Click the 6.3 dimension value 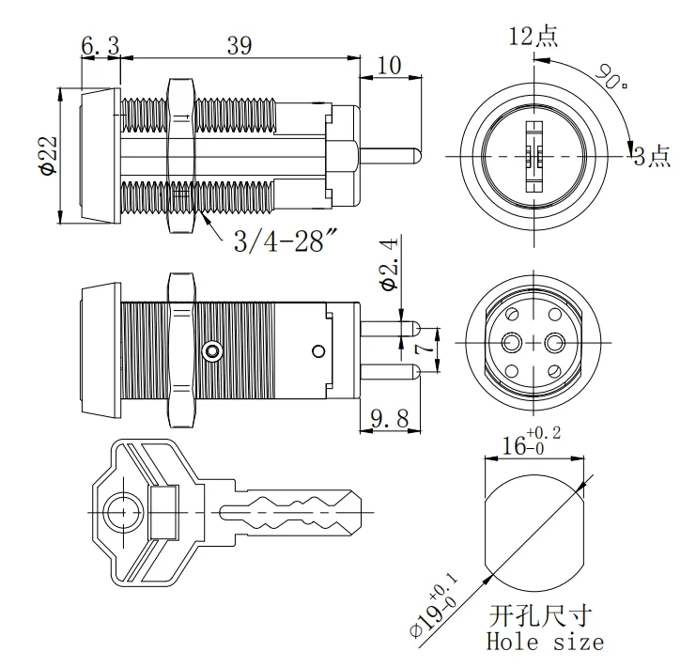click(x=100, y=45)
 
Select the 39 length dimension click(x=240, y=45)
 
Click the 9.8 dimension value click(x=388, y=419)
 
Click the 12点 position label click(x=533, y=37)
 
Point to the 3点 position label click(x=652, y=156)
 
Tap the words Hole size click(x=545, y=643)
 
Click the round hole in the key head click(x=120, y=512)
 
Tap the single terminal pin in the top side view click(x=390, y=153)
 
